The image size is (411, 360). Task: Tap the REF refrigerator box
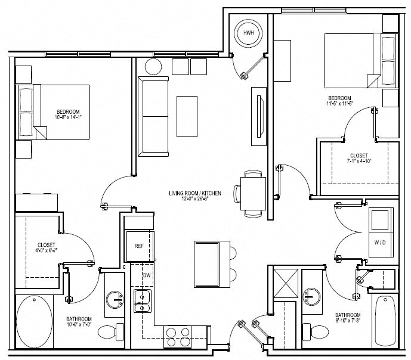[x=138, y=245]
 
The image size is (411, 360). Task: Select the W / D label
[x=379, y=243]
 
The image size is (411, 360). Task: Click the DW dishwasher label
[x=146, y=275]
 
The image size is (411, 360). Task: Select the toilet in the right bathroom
[x=312, y=330]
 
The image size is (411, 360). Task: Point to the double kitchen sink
[x=142, y=302]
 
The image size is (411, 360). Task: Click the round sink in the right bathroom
[x=311, y=296]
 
